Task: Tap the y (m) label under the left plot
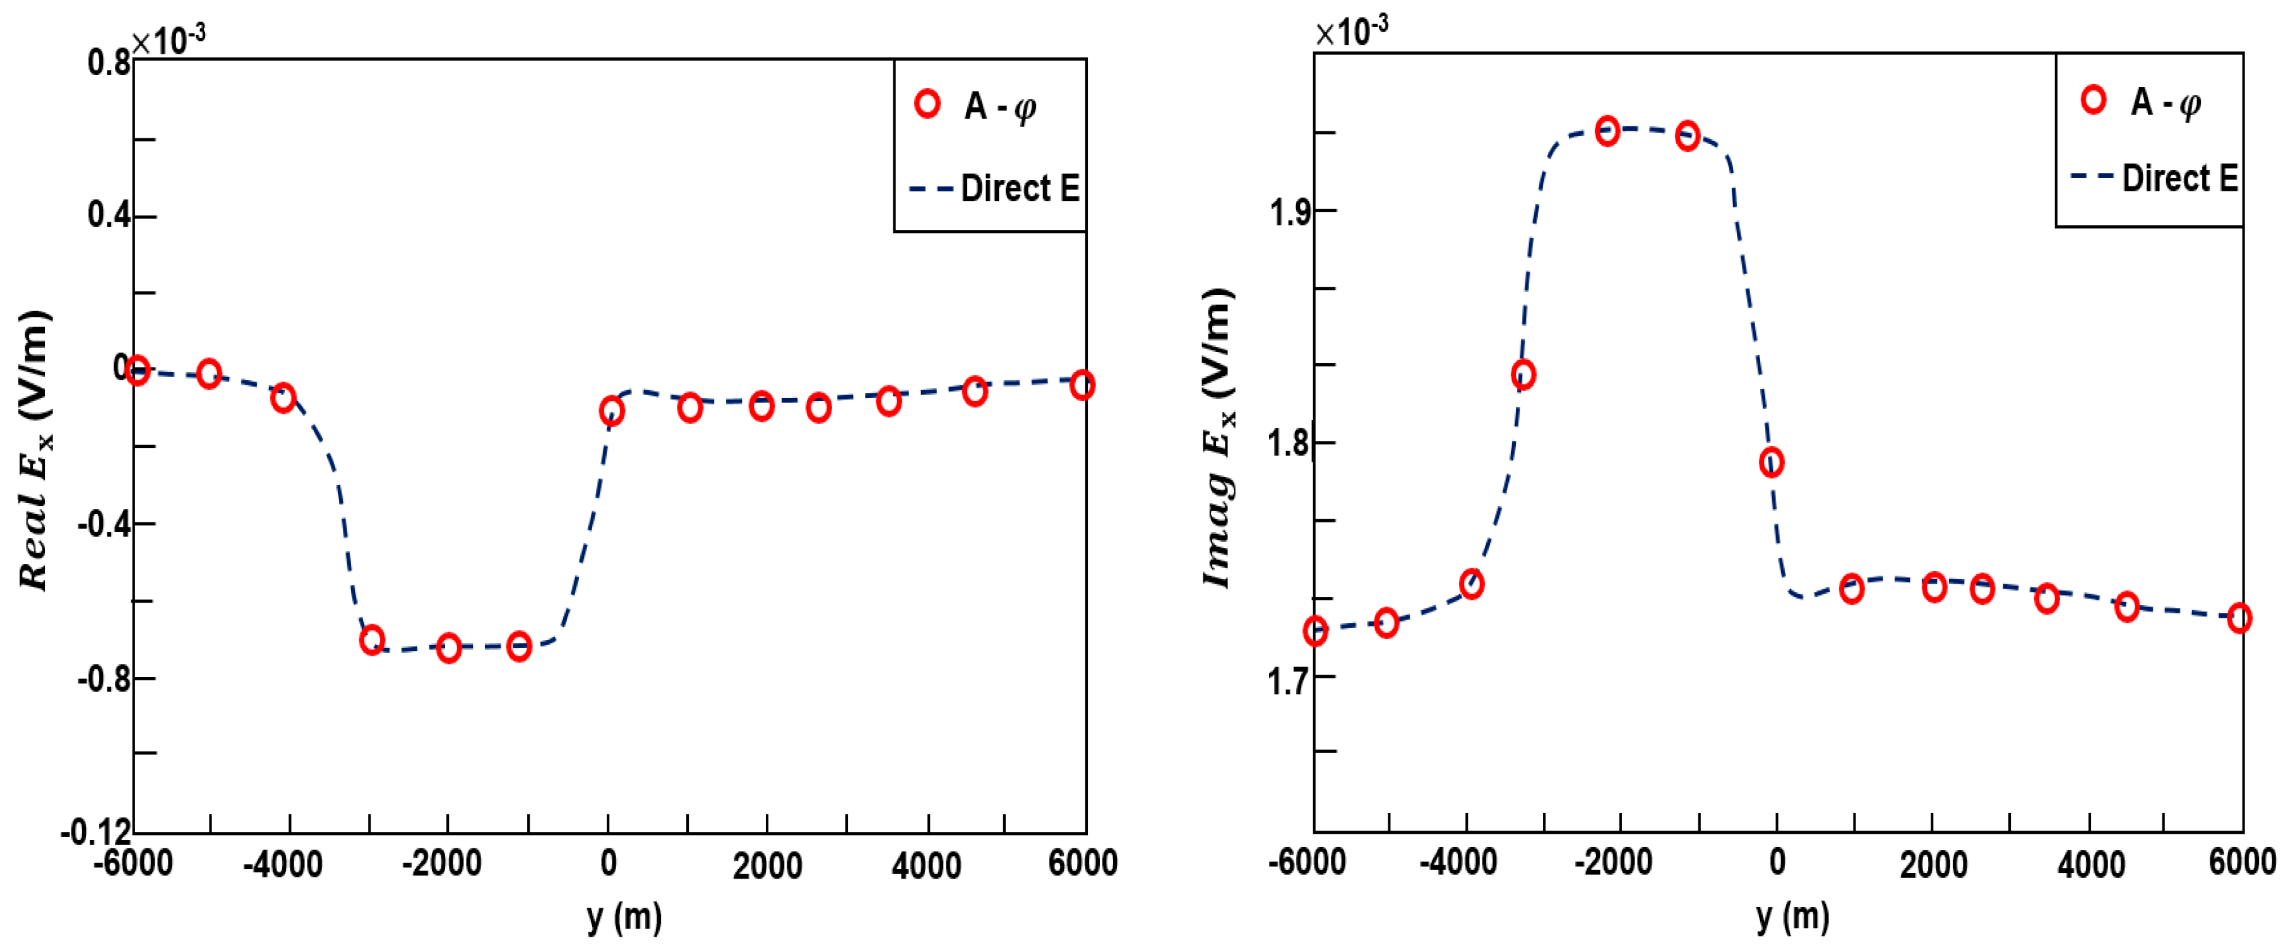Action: pos(624,917)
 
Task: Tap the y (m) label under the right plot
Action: pos(1792,917)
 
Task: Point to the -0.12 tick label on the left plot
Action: pos(96,833)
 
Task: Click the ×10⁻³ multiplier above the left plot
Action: pos(169,39)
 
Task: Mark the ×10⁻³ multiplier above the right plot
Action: pos(1351,32)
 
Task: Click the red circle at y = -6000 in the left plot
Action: pos(137,370)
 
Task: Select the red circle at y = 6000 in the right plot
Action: pos(2239,618)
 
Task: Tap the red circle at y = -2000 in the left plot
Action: pos(448,648)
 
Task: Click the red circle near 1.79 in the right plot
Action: pos(1771,462)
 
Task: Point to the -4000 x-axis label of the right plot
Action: pos(1458,863)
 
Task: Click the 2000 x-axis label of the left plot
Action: pos(768,865)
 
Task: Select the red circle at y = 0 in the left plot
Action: pos(611,411)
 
